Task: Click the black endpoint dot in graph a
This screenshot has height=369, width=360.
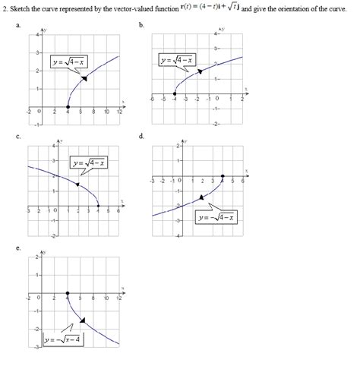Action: coord(68,107)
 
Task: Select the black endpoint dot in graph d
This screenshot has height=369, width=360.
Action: coord(222,176)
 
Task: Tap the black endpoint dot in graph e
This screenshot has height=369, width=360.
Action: coord(68,292)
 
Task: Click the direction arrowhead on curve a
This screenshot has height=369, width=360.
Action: coord(84,78)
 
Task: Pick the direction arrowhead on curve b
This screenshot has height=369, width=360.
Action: coord(200,71)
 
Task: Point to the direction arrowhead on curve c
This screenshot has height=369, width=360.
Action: coord(77,183)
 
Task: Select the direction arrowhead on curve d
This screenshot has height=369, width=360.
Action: coord(201,197)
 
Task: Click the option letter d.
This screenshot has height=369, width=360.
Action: coord(142,136)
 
